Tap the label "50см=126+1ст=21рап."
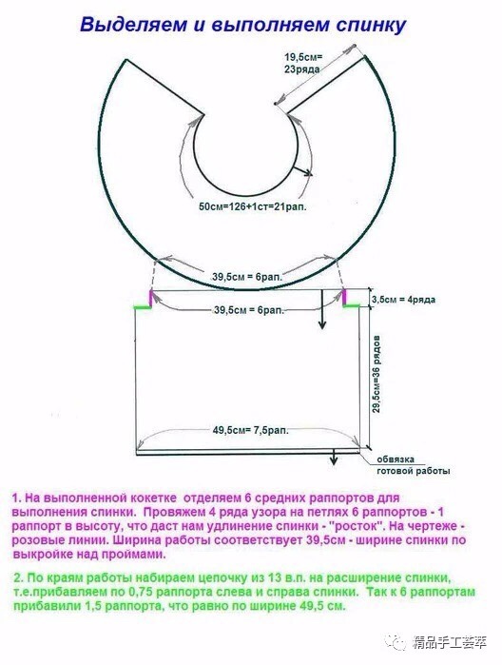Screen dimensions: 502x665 (253, 207)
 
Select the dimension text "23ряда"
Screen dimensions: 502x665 (302, 69)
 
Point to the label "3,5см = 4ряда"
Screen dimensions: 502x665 (403, 300)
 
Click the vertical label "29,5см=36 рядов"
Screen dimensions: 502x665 (376, 375)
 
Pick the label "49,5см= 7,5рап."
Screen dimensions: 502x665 (251, 430)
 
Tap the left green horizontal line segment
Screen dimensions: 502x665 (143, 306)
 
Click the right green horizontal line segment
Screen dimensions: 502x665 (352, 305)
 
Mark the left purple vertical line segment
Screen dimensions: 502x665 (150, 298)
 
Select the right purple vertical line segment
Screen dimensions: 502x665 (344, 297)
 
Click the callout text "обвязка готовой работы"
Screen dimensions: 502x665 (414, 465)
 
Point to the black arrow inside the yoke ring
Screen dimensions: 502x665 (303, 170)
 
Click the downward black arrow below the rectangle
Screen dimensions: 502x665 (334, 457)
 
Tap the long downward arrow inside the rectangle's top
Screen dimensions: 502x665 (322, 309)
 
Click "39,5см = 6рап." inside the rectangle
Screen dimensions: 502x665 (249, 310)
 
